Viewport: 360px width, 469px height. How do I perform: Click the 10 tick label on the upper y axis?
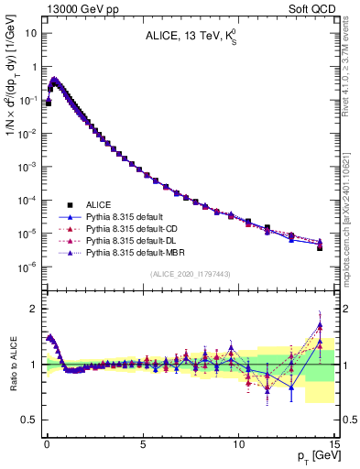coord(30,33)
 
